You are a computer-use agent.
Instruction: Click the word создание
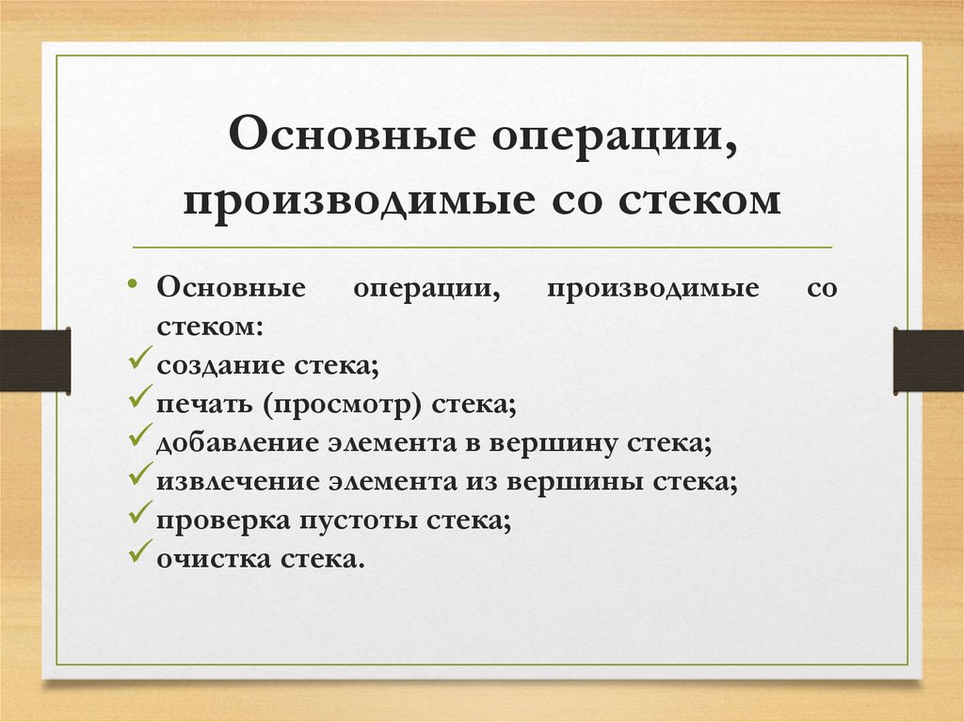click(x=210, y=364)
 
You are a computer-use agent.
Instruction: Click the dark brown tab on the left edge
click(x=35, y=360)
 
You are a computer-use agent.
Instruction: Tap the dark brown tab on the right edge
click(x=928, y=360)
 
